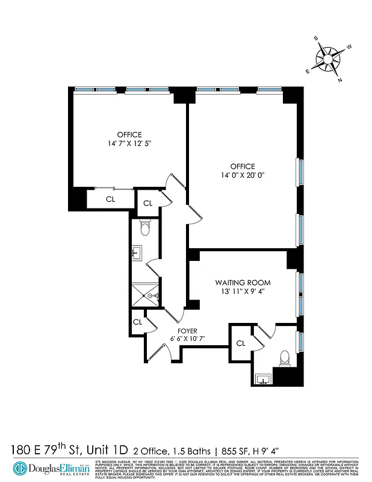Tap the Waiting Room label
click(243, 283)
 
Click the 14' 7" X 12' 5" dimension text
click(129, 144)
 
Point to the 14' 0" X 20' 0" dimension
click(243, 175)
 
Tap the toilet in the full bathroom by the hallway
click(144, 228)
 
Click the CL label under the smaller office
click(111, 199)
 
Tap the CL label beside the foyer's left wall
click(137, 322)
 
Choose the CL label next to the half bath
click(241, 343)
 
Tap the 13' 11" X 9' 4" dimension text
click(243, 292)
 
